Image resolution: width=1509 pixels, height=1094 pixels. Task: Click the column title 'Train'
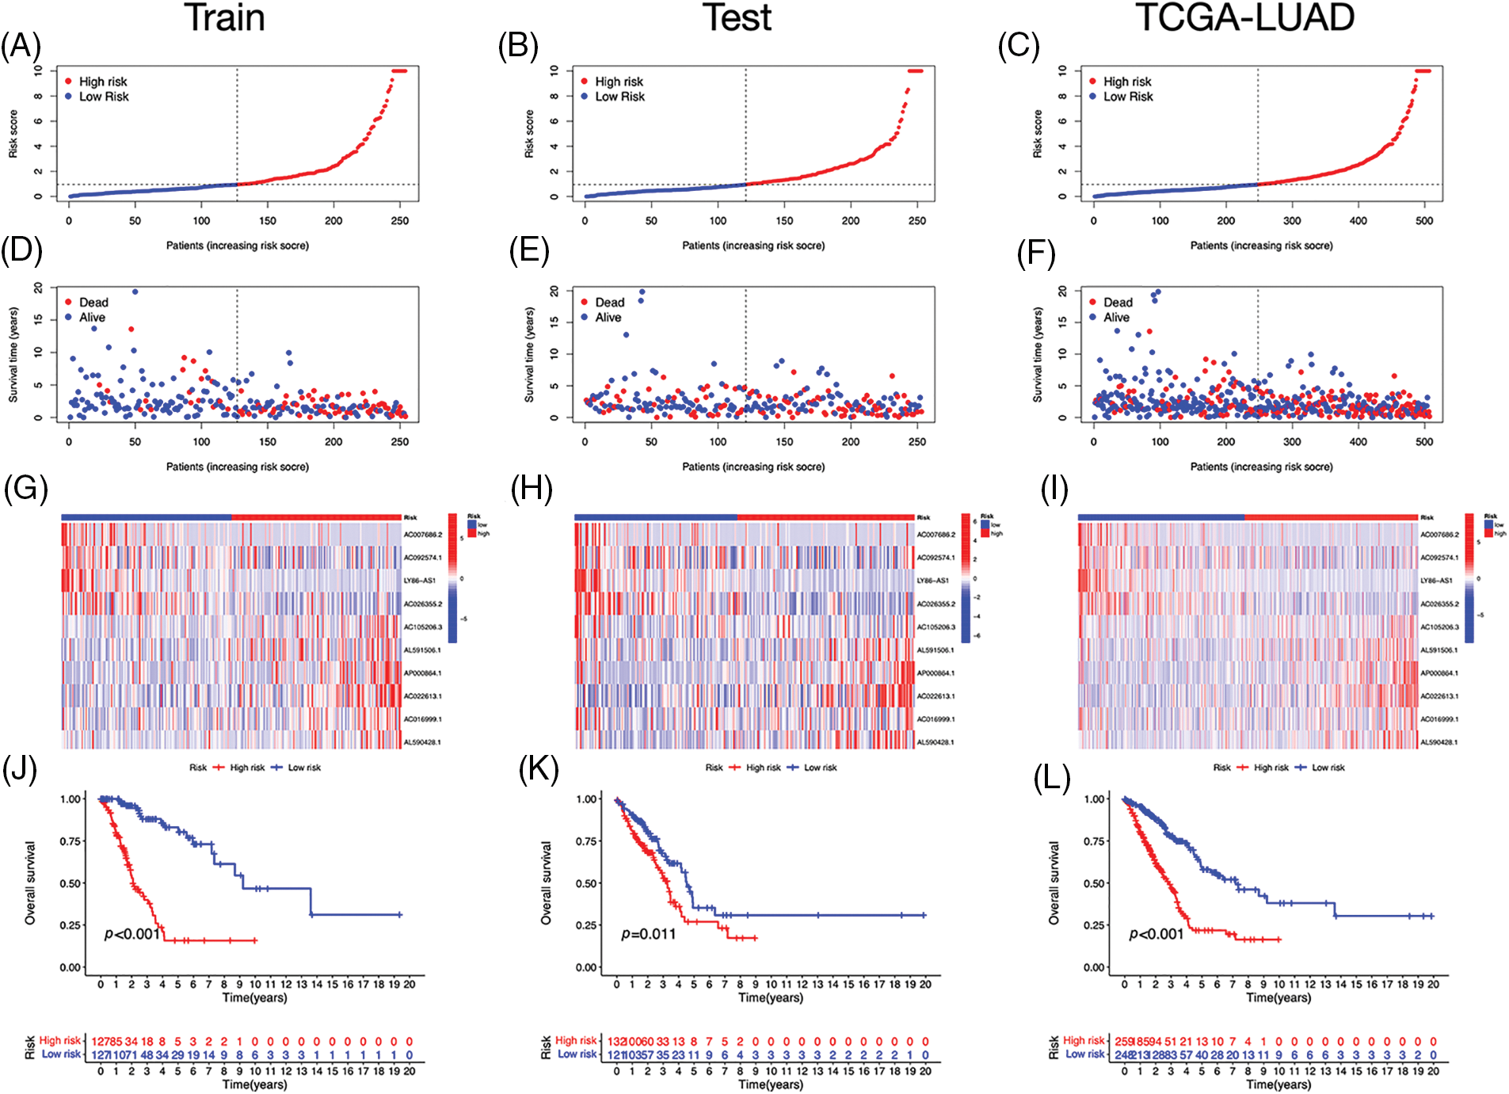[224, 17]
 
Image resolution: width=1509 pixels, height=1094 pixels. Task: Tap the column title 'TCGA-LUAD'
[1244, 17]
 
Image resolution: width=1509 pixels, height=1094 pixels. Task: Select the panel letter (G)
[25, 489]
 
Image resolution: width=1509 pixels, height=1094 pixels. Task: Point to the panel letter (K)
[539, 768]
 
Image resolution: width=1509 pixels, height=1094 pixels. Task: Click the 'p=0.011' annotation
[649, 934]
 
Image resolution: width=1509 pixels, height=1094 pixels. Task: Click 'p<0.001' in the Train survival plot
[132, 934]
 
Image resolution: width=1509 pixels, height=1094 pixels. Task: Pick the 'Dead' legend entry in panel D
[93, 303]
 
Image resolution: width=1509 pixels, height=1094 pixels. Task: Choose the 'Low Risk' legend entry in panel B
[619, 97]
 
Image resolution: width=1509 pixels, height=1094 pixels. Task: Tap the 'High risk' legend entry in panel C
[1126, 82]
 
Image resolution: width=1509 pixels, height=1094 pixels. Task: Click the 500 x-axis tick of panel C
[1424, 221]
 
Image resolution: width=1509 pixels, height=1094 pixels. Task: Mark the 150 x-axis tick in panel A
[268, 221]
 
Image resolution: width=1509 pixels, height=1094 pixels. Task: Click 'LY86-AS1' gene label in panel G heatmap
[420, 581]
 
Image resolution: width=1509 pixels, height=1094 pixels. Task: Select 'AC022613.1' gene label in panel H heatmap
[936, 696]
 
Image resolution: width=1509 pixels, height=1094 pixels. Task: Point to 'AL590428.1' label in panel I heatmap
[1439, 742]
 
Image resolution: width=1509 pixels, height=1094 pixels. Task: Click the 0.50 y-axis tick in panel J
[70, 883]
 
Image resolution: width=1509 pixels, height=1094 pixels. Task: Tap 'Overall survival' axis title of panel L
[1054, 882]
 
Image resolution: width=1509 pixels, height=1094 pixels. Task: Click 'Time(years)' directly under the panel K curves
[771, 998]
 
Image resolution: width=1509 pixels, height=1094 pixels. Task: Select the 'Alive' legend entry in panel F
[1116, 318]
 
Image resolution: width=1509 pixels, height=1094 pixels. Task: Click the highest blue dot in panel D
[135, 292]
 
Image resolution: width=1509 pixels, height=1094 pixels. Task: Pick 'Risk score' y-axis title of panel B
[529, 134]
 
